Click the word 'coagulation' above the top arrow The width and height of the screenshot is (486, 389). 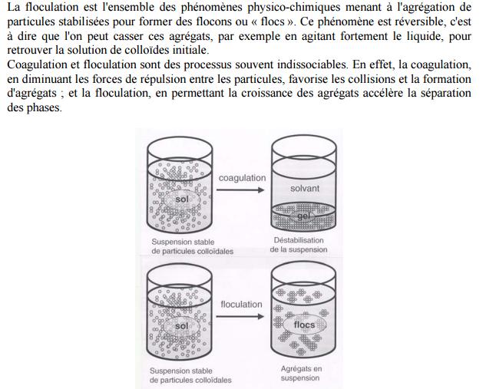tap(242, 178)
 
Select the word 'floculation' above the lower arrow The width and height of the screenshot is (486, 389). tap(241, 305)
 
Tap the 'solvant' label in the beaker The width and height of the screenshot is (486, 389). tap(305, 188)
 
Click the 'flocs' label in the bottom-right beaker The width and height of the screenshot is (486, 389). tap(305, 325)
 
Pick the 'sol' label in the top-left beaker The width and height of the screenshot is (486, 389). tap(182, 199)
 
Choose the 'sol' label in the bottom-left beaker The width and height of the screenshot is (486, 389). tap(181, 326)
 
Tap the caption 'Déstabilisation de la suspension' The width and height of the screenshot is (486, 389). tap(299, 245)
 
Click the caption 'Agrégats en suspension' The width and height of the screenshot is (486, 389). tap(301, 373)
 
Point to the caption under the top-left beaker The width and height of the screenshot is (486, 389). tap(192, 246)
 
